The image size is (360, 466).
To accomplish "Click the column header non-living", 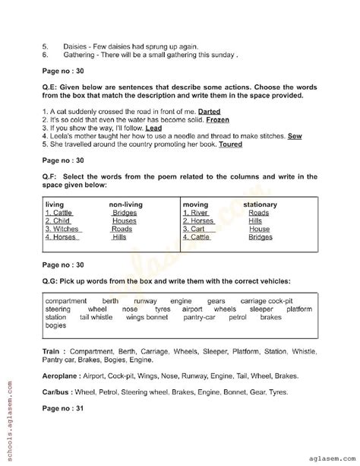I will [126, 204].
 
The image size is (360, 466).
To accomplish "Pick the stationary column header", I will [260, 204].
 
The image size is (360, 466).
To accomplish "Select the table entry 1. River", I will [197, 213].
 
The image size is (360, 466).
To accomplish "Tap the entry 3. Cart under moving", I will [194, 229].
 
